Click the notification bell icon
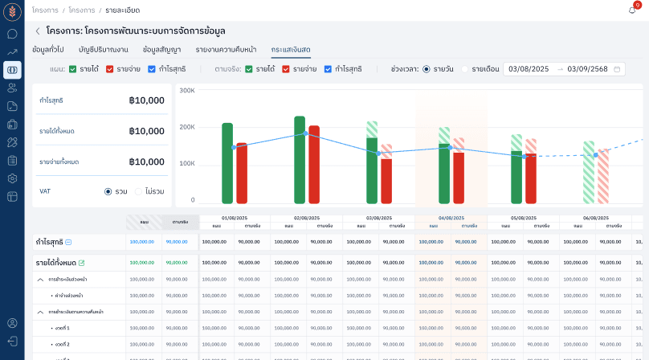632,10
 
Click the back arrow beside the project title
38,31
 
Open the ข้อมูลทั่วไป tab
48,50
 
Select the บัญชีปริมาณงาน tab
104,50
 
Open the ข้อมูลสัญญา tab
161,50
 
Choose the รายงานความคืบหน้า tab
226,50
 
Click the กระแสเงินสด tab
291,50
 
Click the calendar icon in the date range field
617,69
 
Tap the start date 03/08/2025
529,69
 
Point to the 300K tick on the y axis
186,90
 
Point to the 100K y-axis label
186,163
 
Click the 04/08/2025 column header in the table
451,217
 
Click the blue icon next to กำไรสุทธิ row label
68,242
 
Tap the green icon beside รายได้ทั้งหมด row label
81,263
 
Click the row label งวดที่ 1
62,328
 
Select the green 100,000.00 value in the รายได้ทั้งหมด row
142,263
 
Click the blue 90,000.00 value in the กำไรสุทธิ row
177,242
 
